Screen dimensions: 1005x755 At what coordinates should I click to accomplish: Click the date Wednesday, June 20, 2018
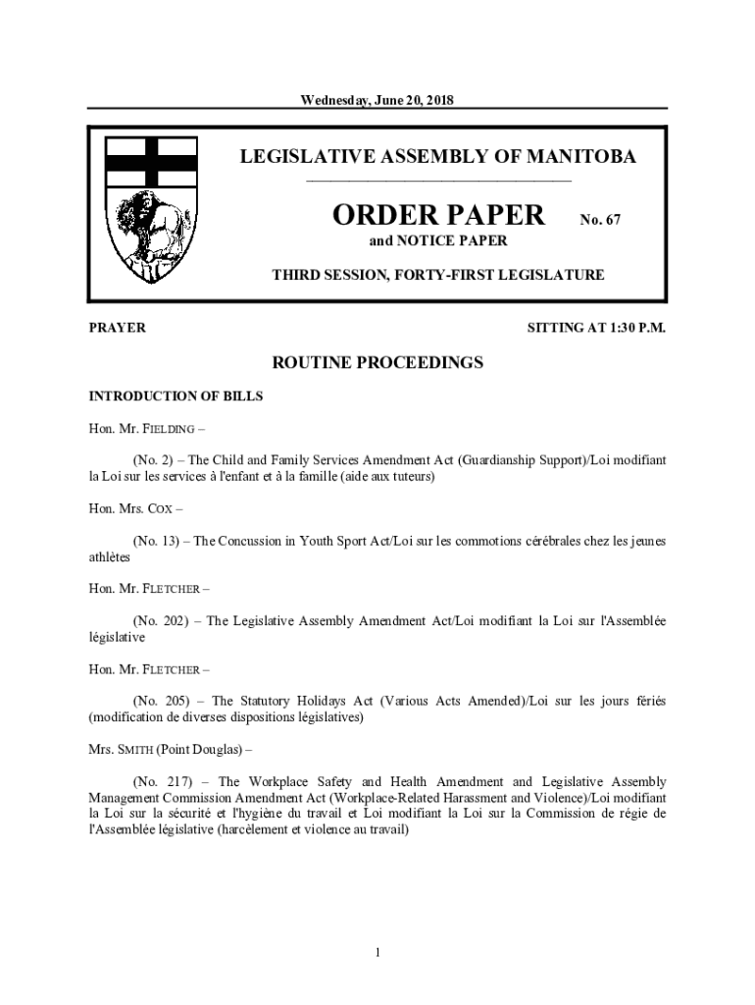(x=377, y=99)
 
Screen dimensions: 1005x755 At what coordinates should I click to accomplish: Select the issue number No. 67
(x=600, y=221)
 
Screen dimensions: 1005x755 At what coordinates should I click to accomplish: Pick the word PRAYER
(x=118, y=328)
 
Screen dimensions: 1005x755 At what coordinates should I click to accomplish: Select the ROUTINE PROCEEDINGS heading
(x=377, y=363)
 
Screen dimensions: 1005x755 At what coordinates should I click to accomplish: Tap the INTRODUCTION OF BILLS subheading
(x=176, y=397)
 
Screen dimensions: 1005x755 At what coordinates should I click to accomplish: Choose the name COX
(x=161, y=508)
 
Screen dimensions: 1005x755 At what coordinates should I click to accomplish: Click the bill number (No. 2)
(x=150, y=460)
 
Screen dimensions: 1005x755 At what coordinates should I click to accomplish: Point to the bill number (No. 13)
(x=154, y=541)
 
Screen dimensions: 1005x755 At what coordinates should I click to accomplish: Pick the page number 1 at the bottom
(x=377, y=952)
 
